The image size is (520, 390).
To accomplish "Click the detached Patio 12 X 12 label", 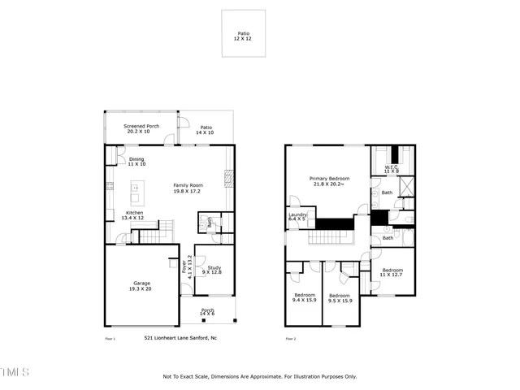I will (x=244, y=37).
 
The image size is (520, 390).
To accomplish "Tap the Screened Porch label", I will (x=142, y=129).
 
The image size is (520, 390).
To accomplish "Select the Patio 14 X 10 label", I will (x=206, y=129).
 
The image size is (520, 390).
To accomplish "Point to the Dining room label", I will (x=136, y=161).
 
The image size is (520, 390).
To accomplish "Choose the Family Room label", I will (x=188, y=187).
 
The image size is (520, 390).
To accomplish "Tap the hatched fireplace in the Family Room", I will (x=229, y=178).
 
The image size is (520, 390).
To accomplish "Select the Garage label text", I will (x=141, y=286).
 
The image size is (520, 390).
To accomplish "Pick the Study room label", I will (x=214, y=270).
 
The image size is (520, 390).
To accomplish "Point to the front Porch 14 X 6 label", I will (x=207, y=312).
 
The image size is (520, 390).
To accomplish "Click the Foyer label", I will (x=189, y=266).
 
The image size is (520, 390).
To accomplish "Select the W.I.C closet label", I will (x=391, y=169).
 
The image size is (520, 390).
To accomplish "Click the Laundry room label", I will (x=297, y=216).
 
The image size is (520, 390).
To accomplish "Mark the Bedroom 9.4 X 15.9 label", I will (x=305, y=297).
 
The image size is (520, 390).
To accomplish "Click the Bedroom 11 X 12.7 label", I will (x=392, y=272).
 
